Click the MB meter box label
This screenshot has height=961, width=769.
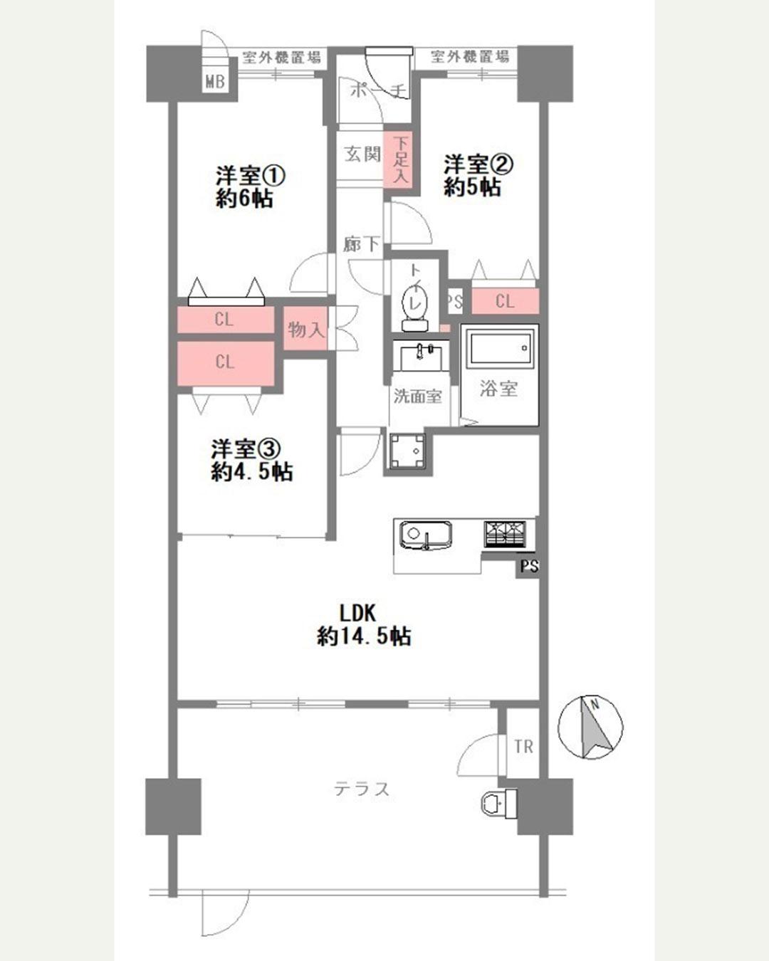coord(215,82)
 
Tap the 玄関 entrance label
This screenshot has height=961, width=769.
coord(363,154)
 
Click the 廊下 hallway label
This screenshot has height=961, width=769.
coord(361,245)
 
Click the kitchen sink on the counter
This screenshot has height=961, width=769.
coord(424,535)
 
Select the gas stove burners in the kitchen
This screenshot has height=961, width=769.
coord(505,534)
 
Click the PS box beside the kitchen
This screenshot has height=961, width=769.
coord(528,566)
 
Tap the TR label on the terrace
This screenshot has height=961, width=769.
coord(523,747)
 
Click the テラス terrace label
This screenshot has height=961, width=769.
coord(362,789)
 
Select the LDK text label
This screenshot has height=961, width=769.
coord(357,614)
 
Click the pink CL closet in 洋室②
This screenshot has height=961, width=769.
coord(505,301)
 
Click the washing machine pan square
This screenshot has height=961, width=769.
coord(409,451)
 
